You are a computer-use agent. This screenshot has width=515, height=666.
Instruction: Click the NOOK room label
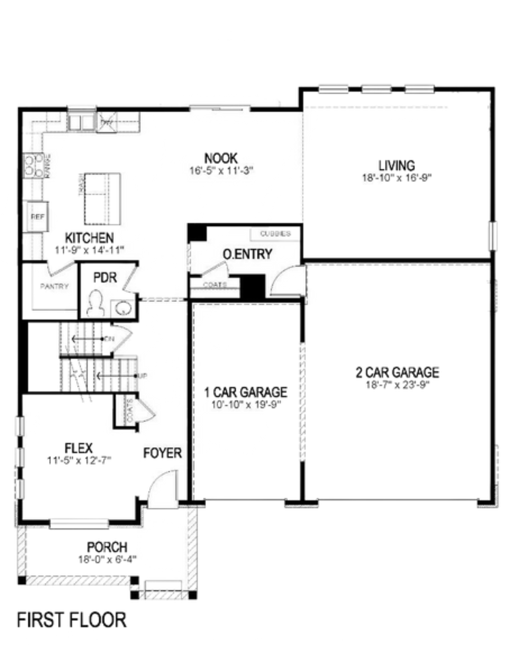click(221, 158)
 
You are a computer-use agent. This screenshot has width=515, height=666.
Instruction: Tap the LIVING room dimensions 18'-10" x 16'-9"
click(396, 177)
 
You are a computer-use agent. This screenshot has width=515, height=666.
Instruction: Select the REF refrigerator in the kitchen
click(37, 216)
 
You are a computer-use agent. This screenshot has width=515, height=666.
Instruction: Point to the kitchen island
click(102, 198)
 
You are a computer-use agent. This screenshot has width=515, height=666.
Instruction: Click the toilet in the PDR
click(95, 303)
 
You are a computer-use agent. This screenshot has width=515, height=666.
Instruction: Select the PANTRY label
click(54, 286)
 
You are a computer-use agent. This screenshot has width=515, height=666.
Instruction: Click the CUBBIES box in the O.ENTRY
click(275, 234)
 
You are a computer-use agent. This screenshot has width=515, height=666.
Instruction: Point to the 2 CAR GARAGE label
click(397, 372)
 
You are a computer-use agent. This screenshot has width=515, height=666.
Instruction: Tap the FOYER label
click(162, 453)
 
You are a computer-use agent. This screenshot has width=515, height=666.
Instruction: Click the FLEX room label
click(79, 448)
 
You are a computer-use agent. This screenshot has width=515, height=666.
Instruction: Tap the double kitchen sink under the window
click(81, 122)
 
